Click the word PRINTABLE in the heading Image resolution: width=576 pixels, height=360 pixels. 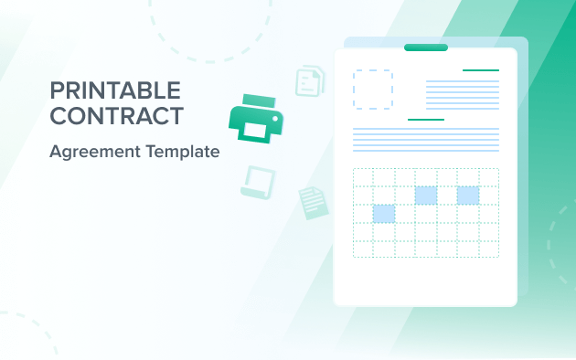tap(114, 90)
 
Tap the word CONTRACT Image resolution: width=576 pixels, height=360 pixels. tap(116, 116)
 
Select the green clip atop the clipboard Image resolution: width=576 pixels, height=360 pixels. tap(425, 47)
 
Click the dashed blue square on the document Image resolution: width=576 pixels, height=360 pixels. tap(373, 90)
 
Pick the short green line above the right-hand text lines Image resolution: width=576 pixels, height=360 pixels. tap(481, 69)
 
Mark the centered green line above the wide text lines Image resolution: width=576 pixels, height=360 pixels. tap(426, 119)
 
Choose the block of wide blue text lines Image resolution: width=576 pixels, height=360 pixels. tap(426, 140)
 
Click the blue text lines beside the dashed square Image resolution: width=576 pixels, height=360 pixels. tap(463, 94)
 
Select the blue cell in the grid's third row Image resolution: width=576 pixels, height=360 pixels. tap(384, 214)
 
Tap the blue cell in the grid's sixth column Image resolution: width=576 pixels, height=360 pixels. tap(468, 195)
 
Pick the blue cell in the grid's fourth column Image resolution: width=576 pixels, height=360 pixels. tap(426, 195)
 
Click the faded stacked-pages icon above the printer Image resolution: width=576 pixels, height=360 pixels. tap(310, 81)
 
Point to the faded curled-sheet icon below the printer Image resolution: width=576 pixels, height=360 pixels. tap(257, 182)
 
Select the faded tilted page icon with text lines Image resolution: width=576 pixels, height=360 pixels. tap(313, 202)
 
